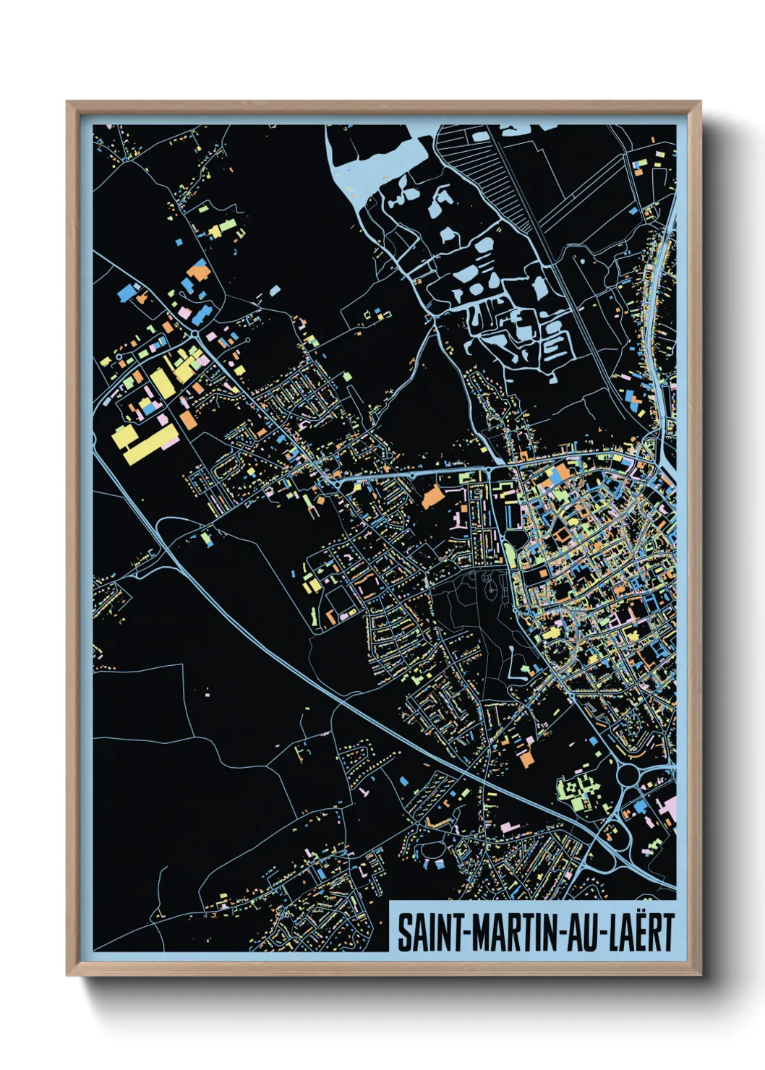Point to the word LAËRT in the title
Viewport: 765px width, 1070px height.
(641, 933)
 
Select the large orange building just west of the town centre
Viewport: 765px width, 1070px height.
(432, 497)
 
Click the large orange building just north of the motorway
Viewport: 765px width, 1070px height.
(526, 758)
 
